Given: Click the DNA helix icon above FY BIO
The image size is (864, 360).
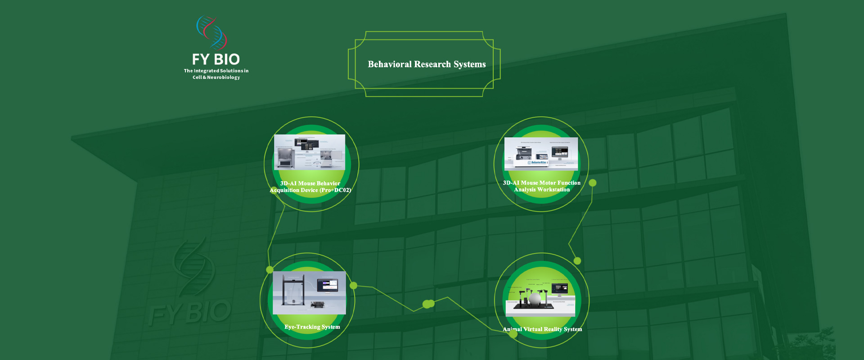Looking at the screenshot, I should click(211, 33).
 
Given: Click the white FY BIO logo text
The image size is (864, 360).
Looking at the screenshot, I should click(216, 59).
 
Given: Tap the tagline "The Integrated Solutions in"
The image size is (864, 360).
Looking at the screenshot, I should click(216, 71).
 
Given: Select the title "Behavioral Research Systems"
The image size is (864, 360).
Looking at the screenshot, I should click(427, 64).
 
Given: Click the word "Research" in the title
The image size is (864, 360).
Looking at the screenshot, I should click(432, 64).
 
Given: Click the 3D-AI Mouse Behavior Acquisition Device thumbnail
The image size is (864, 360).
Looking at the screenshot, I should click(310, 152).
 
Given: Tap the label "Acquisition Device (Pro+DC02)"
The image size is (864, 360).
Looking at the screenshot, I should click(310, 190).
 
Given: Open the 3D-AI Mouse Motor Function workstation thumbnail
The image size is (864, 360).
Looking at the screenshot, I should click(541, 153).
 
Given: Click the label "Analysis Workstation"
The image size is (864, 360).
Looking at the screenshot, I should click(542, 190).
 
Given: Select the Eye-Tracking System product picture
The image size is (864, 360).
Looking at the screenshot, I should click(309, 292).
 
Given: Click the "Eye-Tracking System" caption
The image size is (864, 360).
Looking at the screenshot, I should click(312, 327).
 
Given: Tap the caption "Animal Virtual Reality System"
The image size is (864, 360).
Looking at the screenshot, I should click(542, 329).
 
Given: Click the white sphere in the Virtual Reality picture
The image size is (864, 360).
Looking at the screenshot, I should click(535, 298).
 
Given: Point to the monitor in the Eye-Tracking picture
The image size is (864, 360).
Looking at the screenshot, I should click(327, 285).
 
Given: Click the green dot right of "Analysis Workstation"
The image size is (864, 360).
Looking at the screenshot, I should click(593, 183).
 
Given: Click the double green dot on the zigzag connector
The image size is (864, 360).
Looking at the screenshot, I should click(428, 304).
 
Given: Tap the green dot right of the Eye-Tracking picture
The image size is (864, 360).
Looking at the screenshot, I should click(354, 285).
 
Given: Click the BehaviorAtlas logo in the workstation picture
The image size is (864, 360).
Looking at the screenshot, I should click(538, 162).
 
